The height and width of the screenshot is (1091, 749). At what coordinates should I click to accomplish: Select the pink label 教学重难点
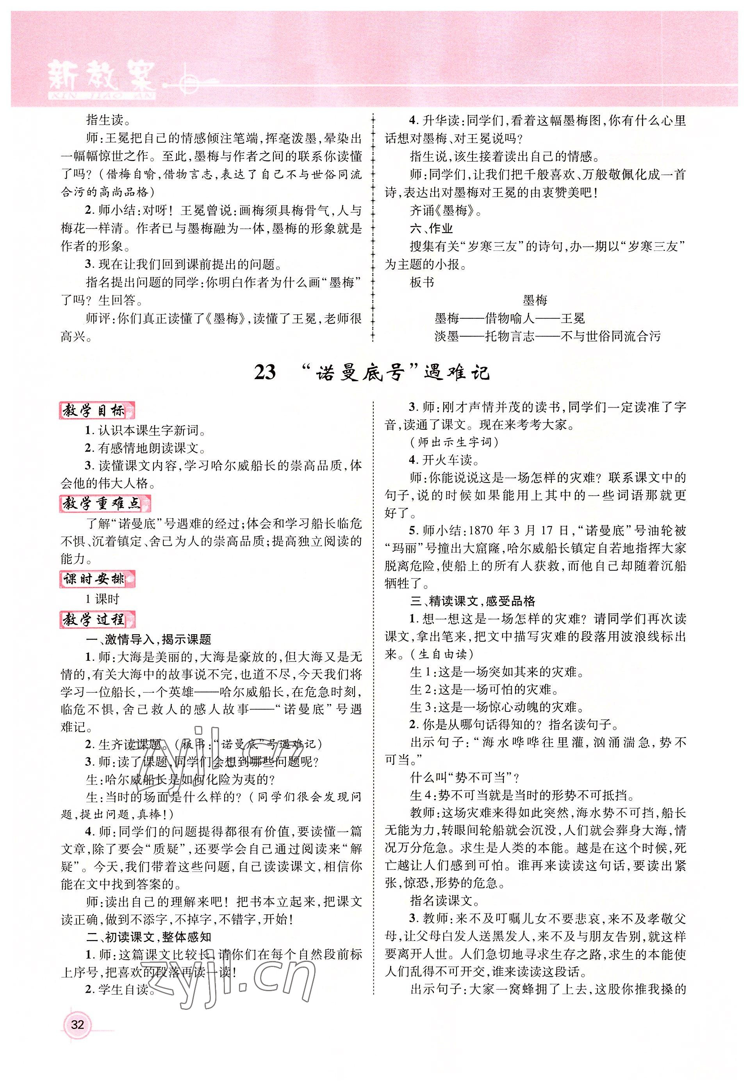(106, 503)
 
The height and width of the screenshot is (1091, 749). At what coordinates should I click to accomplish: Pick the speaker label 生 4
(423, 795)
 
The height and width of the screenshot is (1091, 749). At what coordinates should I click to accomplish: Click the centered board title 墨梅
(535, 300)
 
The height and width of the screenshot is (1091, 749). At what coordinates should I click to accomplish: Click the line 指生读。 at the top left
(105, 120)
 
